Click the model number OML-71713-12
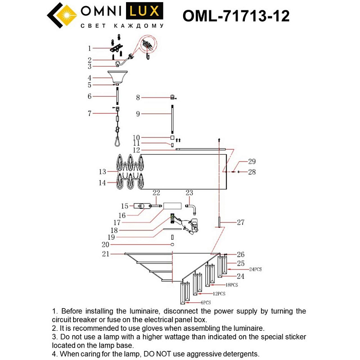[236, 16]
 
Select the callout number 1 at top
[89, 48]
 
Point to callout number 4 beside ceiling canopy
[89, 78]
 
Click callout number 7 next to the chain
[89, 113]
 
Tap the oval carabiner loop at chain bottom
[118, 138]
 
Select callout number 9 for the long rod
[138, 113]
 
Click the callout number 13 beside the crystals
[102, 171]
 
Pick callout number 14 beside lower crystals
[102, 183]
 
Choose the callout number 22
[157, 193]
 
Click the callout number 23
[189, 193]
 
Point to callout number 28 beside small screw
[252, 171]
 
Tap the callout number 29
[252, 161]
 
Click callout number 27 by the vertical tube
[241, 223]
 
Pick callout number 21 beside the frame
[105, 254]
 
